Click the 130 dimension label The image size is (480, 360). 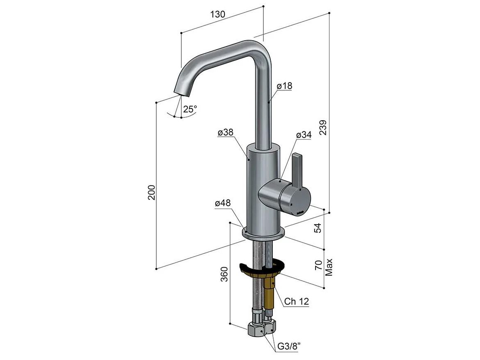[218, 14]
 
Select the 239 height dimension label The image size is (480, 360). [323, 127]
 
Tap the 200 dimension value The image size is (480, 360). [151, 193]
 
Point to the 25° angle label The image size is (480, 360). [190, 109]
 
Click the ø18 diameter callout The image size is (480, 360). [284, 86]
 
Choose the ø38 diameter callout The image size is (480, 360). [226, 132]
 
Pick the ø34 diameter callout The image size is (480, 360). [303, 135]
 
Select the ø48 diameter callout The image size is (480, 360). [223, 203]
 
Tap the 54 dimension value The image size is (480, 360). [318, 228]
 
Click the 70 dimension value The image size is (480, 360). [318, 265]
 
